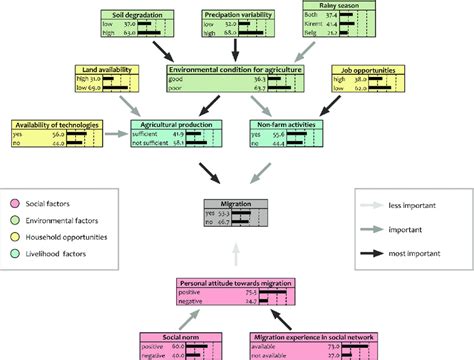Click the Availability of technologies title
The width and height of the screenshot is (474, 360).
[x=54, y=123]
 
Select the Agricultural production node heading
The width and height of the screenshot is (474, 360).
[x=173, y=124]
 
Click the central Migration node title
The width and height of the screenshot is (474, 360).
[x=237, y=203]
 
